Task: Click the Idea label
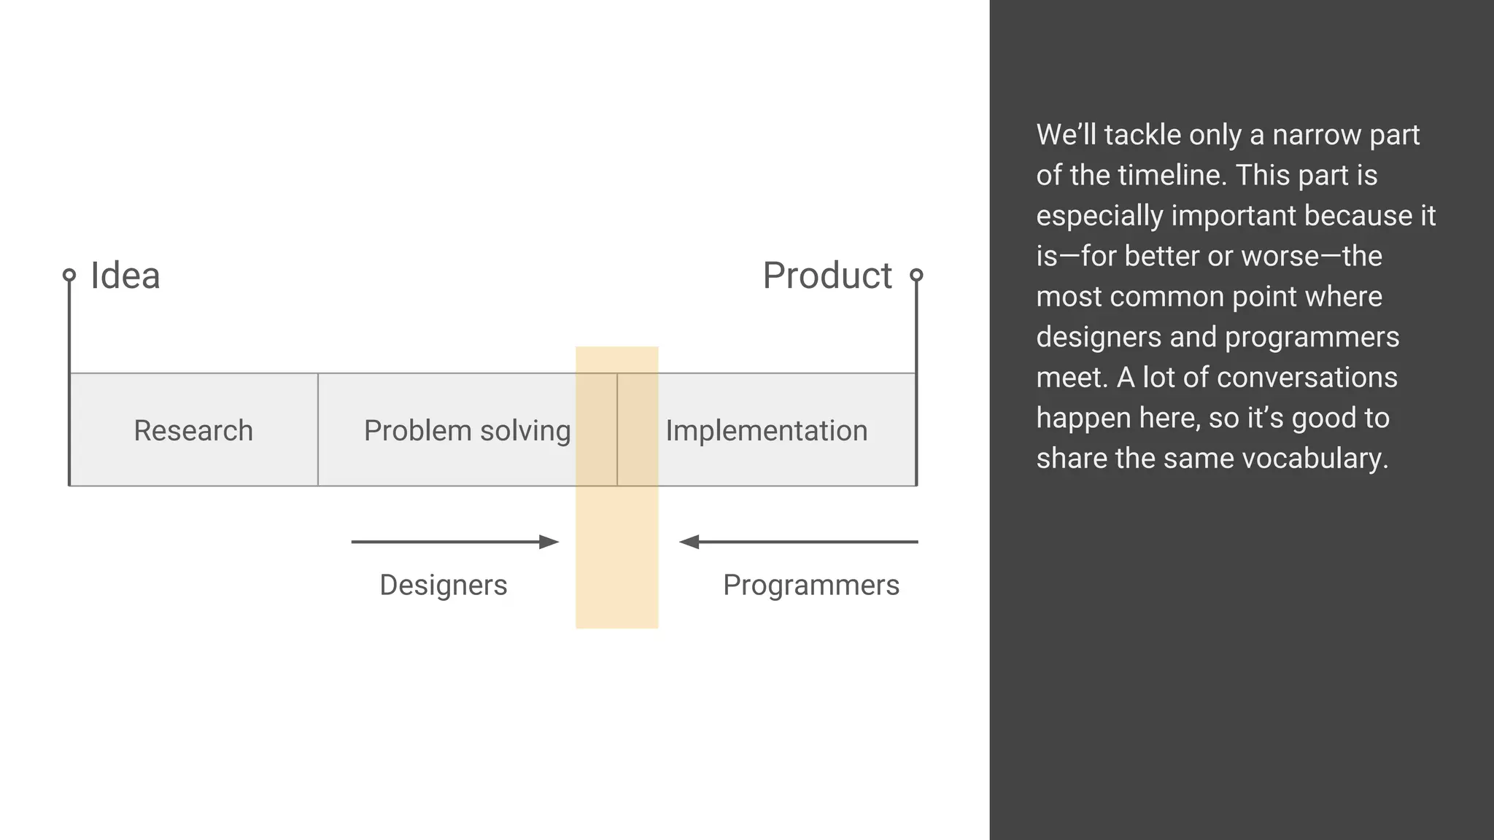pos(125,276)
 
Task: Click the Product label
pos(827,276)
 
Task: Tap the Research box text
pos(193,430)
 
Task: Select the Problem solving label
pos(467,430)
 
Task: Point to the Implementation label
pos(766,430)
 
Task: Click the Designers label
pos(444,585)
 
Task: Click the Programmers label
pos(811,585)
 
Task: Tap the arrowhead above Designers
pos(549,542)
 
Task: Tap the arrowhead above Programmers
pos(689,542)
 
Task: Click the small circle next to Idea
pos(69,275)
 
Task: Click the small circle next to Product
pos(916,275)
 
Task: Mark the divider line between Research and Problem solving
pos(318,429)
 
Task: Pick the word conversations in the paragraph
pos(1307,378)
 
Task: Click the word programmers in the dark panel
pos(1312,337)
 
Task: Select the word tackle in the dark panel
pos(1142,135)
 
